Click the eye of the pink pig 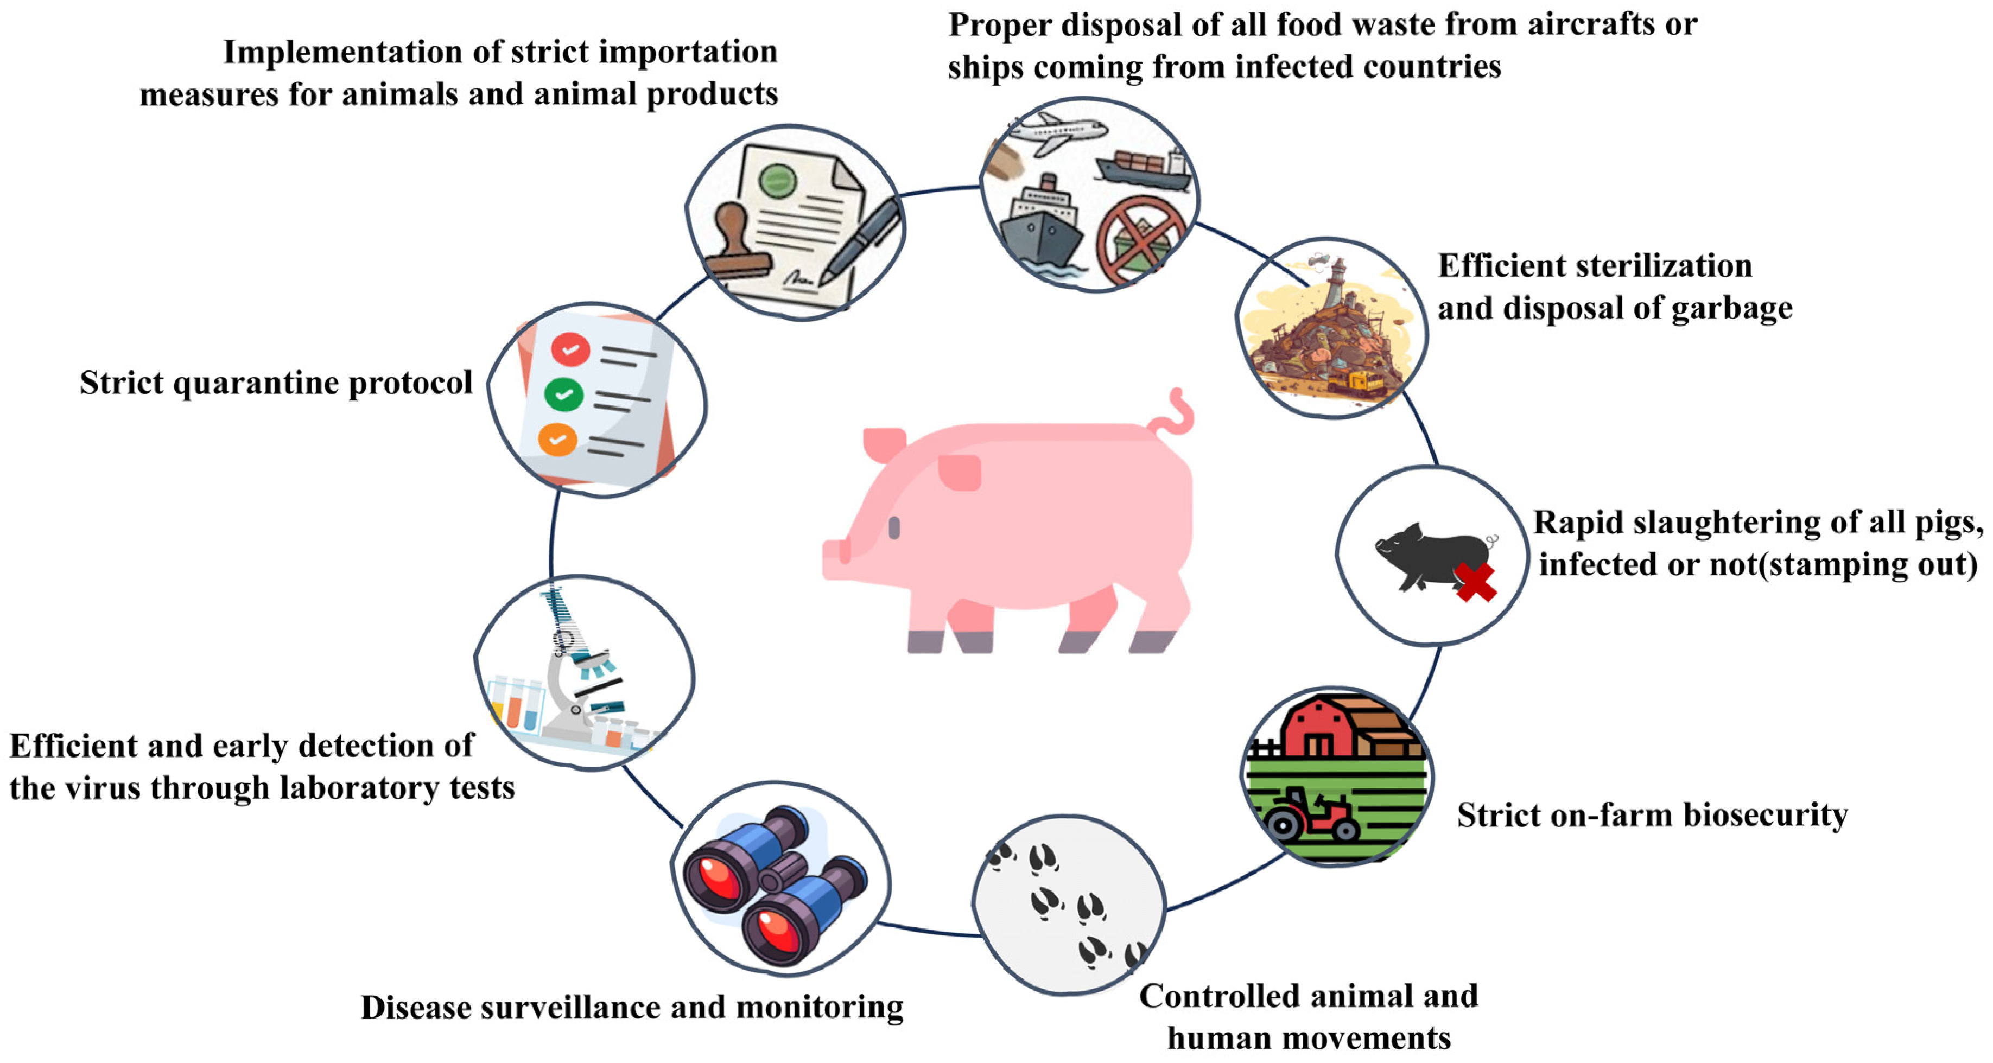click(894, 529)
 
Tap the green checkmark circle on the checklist click(564, 394)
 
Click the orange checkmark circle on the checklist click(557, 440)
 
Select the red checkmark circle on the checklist click(570, 349)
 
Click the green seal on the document click(778, 182)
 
